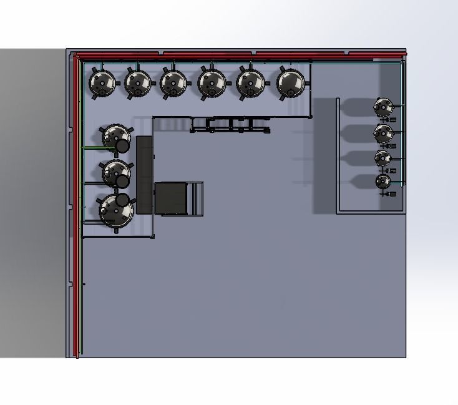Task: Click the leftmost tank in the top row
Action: [102, 82]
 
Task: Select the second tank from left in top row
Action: [138, 82]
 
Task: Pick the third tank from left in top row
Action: [173, 82]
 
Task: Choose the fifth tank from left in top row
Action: [251, 82]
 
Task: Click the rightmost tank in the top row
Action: [291, 82]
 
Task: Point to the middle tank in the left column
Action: [115, 172]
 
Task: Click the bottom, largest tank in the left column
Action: [116, 211]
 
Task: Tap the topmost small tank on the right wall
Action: [383, 107]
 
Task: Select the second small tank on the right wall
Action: [383, 133]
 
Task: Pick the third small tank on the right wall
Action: [382, 158]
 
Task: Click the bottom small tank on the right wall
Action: [382, 182]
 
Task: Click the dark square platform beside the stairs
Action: [170, 198]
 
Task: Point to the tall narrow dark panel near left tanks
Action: [144, 174]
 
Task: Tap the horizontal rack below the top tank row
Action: [230, 125]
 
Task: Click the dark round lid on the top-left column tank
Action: [122, 146]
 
